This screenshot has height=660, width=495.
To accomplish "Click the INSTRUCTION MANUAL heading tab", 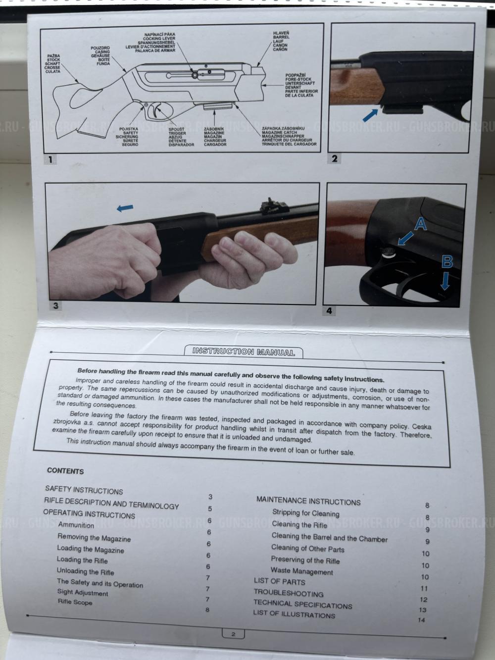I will pyautogui.click(x=244, y=352).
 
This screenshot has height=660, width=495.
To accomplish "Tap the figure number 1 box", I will pyautogui.click(x=50, y=159).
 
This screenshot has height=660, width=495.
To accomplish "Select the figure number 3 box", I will pyautogui.click(x=55, y=305).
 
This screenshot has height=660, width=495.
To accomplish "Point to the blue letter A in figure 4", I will pyautogui.click(x=420, y=225).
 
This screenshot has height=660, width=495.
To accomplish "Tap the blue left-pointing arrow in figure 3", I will pyautogui.click(x=125, y=208).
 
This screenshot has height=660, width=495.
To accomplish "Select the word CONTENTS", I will pyautogui.click(x=65, y=471).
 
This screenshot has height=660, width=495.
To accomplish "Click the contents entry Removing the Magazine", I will pyautogui.click(x=94, y=538).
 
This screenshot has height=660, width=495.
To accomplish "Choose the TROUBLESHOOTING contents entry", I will pyautogui.click(x=288, y=593).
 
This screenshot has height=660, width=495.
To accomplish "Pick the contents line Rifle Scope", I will pyautogui.click(x=75, y=602).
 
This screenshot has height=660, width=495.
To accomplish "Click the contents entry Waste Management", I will pyautogui.click(x=301, y=571).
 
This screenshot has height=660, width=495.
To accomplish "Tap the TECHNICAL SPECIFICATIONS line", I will pyautogui.click(x=302, y=604).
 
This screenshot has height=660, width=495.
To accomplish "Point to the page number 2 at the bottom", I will pyautogui.click(x=234, y=634).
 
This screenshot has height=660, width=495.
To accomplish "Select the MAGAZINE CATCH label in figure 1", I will pyautogui.click(x=289, y=132).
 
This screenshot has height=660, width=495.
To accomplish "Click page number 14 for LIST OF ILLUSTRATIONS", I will pyautogui.click(x=421, y=620).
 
